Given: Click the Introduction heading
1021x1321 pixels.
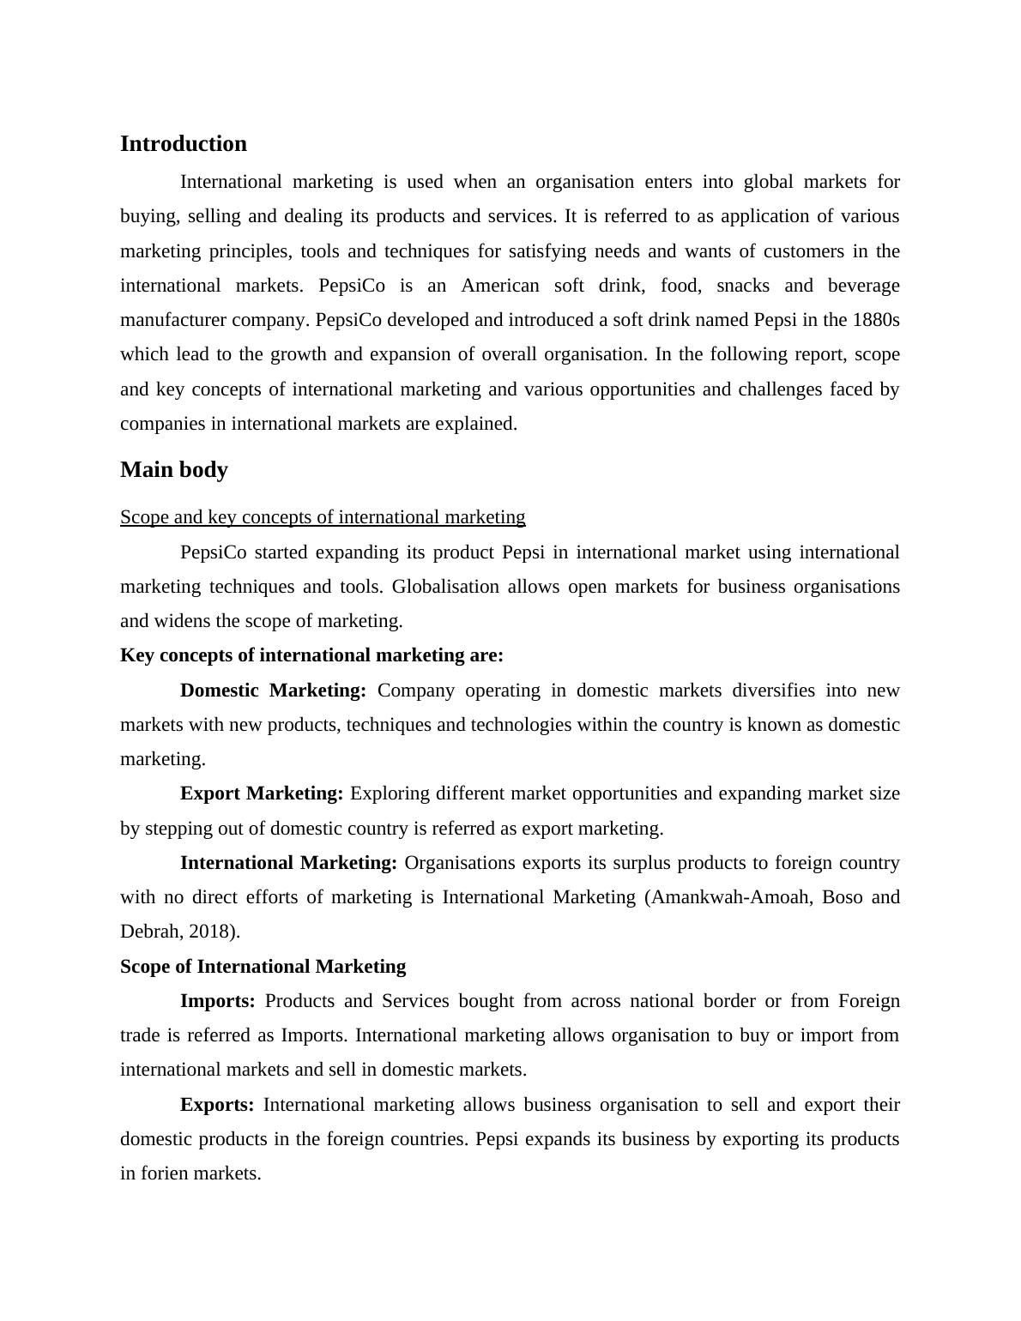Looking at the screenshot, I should tap(183, 143).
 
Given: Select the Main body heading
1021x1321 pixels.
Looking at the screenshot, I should tap(173, 469).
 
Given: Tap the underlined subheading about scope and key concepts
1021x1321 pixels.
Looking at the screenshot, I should tap(323, 516).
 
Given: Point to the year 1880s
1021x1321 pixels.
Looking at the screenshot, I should tap(876, 320).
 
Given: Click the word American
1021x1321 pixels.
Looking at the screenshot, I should tap(500, 286).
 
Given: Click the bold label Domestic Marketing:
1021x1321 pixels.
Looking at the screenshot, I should tap(273, 691).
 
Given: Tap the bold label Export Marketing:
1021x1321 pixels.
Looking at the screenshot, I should tap(262, 793).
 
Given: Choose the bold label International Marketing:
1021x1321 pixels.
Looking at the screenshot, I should tap(288, 863).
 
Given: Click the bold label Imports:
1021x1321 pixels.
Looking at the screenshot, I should tap(218, 1001).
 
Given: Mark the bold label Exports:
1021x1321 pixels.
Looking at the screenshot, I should tap(217, 1105).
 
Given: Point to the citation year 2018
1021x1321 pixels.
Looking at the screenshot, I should tap(211, 932).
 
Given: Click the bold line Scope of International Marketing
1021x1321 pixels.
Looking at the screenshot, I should tap(263, 967).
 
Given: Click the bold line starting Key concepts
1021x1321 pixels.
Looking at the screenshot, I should tap(311, 655).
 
